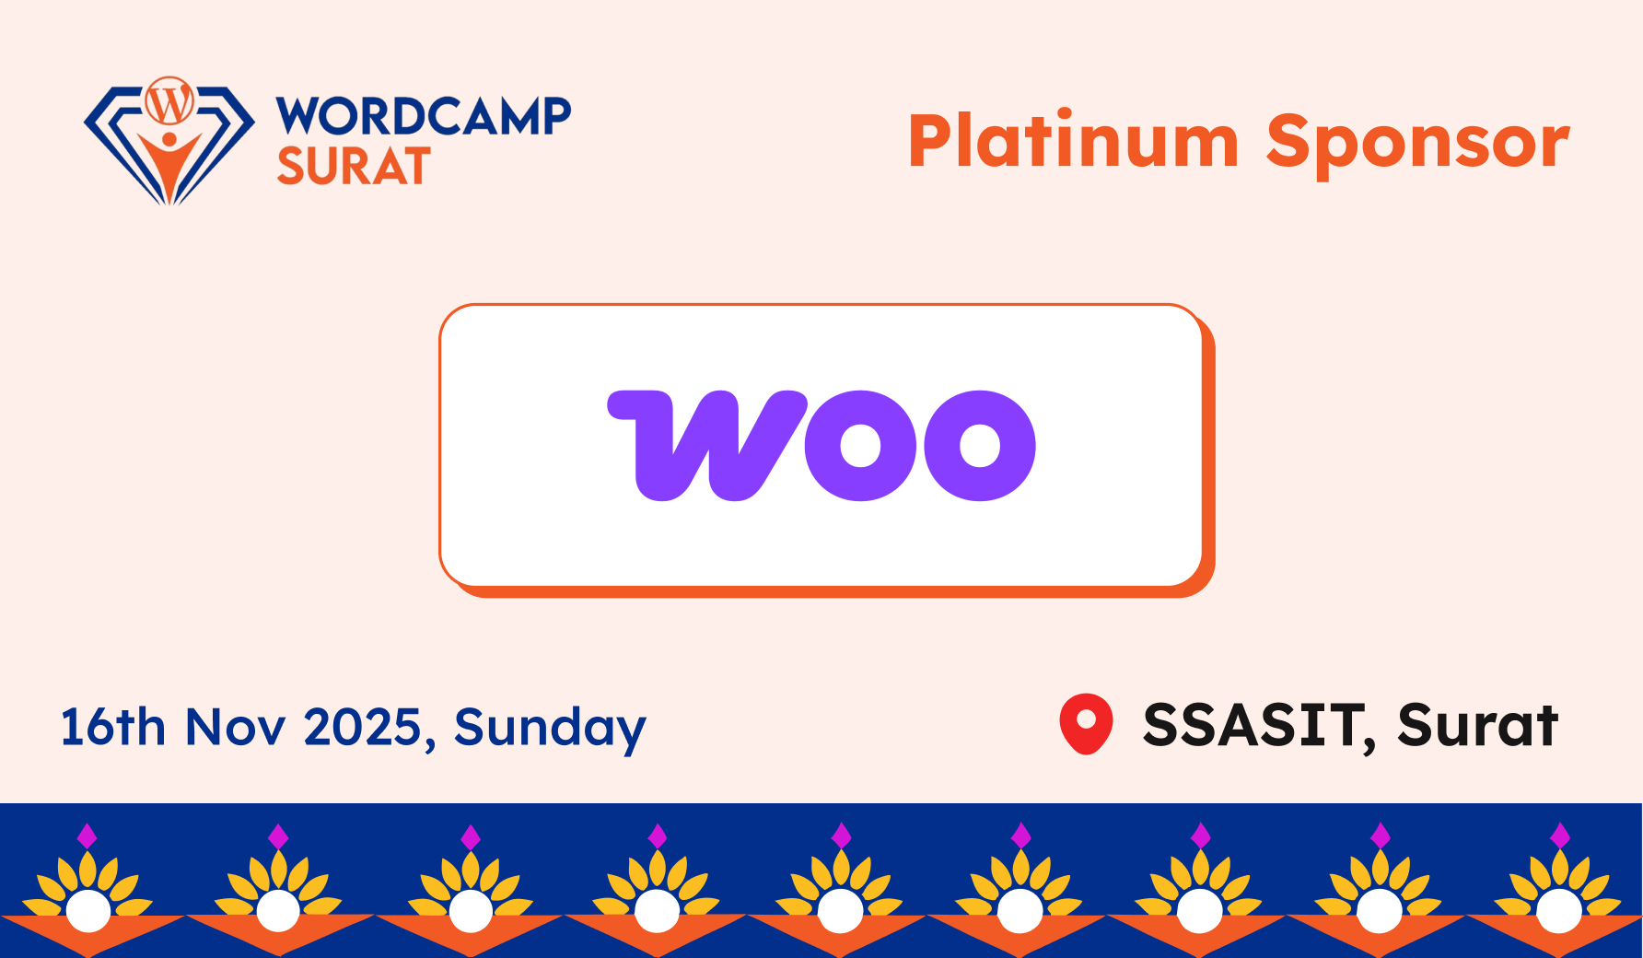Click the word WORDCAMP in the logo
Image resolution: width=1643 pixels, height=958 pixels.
point(424,116)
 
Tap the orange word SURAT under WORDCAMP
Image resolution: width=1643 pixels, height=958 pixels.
point(354,166)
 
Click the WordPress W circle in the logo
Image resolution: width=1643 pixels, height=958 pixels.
point(169,101)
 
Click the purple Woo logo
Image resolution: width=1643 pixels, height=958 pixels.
point(821,446)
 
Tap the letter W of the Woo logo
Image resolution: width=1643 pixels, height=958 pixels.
point(707,446)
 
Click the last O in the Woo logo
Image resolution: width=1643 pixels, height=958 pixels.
point(980,446)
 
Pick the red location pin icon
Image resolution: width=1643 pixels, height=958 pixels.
point(1087,723)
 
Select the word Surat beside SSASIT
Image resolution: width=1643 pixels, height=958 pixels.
point(1477,725)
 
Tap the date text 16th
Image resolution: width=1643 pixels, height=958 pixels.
point(112,727)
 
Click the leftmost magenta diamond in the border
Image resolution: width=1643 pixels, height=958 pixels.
point(87,835)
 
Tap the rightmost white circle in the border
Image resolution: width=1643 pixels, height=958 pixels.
point(1558,911)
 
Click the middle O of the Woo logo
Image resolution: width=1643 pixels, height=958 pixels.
point(861,446)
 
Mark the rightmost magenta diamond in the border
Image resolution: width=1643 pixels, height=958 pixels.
point(1559,835)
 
